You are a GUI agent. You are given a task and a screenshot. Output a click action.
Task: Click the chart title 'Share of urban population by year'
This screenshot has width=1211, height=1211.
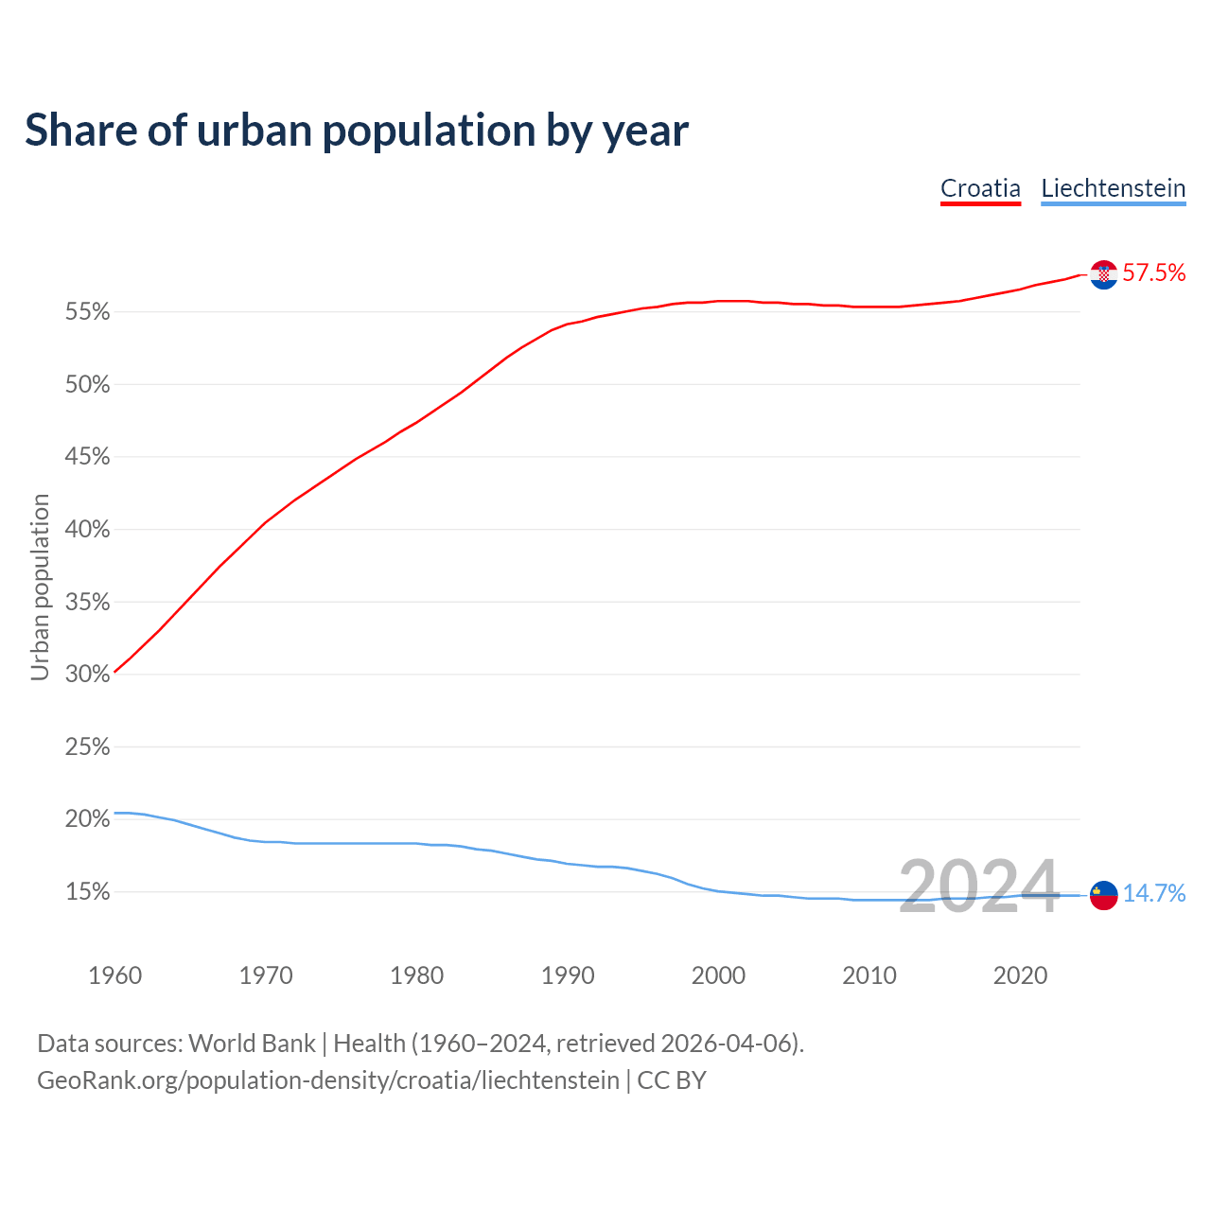pyautogui.click(x=357, y=131)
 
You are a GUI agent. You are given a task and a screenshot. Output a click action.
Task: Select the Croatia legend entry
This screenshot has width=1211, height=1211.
pyautogui.click(x=980, y=188)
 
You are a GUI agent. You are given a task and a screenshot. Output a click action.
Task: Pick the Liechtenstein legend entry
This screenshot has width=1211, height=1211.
pyautogui.click(x=1113, y=188)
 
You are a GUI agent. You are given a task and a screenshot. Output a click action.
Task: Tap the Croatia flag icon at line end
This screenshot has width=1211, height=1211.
pyautogui.click(x=1103, y=274)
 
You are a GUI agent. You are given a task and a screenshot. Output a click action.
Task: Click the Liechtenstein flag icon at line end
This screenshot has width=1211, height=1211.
pyautogui.click(x=1103, y=894)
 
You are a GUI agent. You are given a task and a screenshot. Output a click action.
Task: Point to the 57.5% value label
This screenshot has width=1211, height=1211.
pyautogui.click(x=1153, y=273)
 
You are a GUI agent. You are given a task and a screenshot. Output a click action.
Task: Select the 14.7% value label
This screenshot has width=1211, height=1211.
pyautogui.click(x=1153, y=894)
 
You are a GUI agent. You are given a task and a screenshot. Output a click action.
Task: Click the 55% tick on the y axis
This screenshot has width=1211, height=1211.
pyautogui.click(x=87, y=312)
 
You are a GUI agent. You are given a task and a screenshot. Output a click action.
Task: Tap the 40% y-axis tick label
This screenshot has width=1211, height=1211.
pyautogui.click(x=87, y=530)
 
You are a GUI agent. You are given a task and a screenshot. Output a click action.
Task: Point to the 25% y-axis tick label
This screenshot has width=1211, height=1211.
pyautogui.click(x=87, y=747)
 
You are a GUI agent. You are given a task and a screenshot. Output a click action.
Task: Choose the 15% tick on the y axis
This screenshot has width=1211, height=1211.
pyautogui.click(x=87, y=892)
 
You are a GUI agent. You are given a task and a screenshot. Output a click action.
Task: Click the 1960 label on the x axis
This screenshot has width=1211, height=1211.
pyautogui.click(x=114, y=975)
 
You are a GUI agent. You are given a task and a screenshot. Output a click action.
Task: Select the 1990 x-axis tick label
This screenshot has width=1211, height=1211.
pyautogui.click(x=568, y=975)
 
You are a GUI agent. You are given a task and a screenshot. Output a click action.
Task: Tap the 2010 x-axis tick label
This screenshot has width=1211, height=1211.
pyautogui.click(x=869, y=975)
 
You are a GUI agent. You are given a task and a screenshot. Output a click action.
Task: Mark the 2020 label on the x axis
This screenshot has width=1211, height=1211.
pyautogui.click(x=1020, y=975)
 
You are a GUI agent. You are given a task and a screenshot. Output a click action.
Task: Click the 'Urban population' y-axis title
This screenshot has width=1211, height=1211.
pyautogui.click(x=40, y=587)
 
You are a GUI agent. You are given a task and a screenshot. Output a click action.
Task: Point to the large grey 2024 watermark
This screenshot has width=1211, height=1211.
pyautogui.click(x=978, y=887)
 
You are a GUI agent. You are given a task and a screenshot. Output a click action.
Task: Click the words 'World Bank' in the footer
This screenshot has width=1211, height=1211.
pyautogui.click(x=252, y=1044)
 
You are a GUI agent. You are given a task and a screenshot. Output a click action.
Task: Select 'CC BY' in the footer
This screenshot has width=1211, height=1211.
pyautogui.click(x=672, y=1080)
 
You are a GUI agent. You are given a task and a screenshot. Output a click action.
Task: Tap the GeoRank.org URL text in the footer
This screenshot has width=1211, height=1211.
pyautogui.click(x=327, y=1080)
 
